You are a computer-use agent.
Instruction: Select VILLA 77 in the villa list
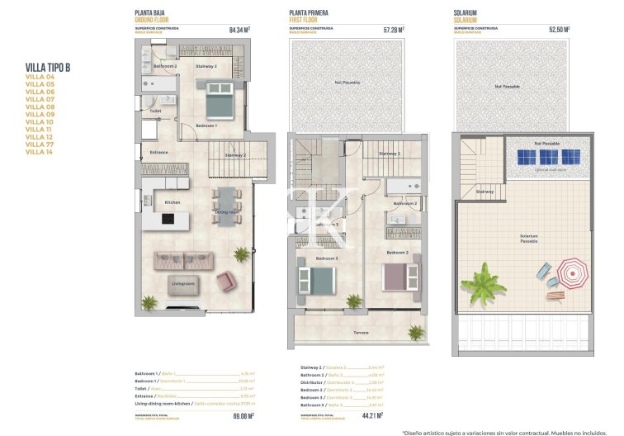(40, 145)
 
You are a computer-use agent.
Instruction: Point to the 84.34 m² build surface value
(239, 30)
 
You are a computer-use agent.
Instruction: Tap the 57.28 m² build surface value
(394, 30)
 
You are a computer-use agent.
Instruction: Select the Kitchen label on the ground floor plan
(173, 202)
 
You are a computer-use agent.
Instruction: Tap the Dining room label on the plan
(227, 213)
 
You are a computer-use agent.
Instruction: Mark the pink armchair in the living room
(225, 282)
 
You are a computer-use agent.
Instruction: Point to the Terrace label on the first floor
(362, 333)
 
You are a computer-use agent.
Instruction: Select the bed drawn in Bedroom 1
(219, 105)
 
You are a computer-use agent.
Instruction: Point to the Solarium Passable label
(529, 239)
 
